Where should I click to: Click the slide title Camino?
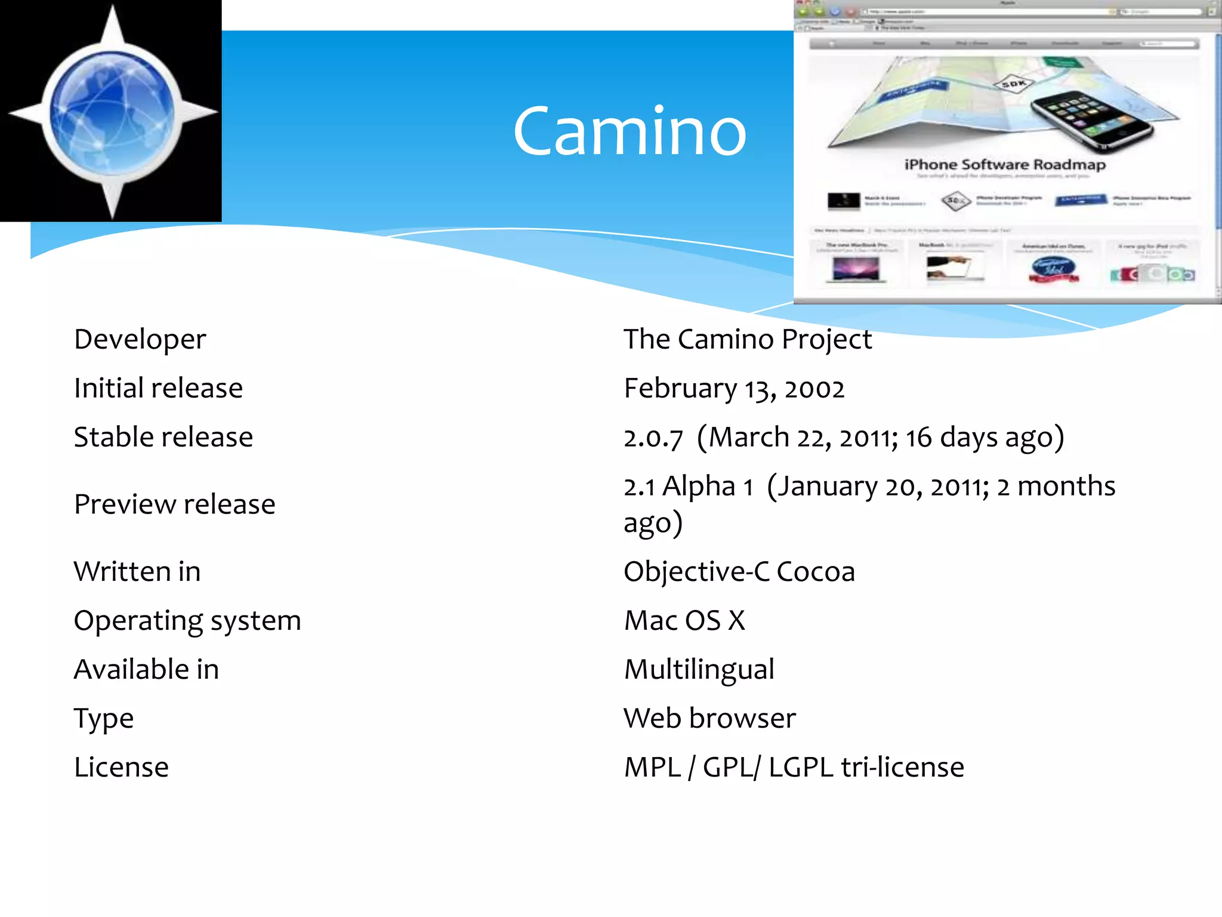click(x=629, y=131)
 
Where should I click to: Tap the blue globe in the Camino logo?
click(x=112, y=112)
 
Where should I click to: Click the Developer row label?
click(x=140, y=339)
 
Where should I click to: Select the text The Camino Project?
click(x=747, y=339)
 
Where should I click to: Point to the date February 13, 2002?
click(x=734, y=389)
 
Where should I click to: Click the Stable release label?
click(x=163, y=437)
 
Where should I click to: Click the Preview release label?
click(x=174, y=504)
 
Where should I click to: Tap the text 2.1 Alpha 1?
click(x=688, y=487)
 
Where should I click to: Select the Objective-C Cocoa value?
click(x=739, y=572)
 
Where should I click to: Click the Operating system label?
click(x=187, y=621)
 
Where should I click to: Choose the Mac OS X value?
click(x=684, y=621)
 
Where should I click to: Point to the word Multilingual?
click(x=699, y=670)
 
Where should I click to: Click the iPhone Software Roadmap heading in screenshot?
click(x=1005, y=165)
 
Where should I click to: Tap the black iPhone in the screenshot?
click(x=1092, y=119)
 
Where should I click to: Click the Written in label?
click(x=137, y=572)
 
